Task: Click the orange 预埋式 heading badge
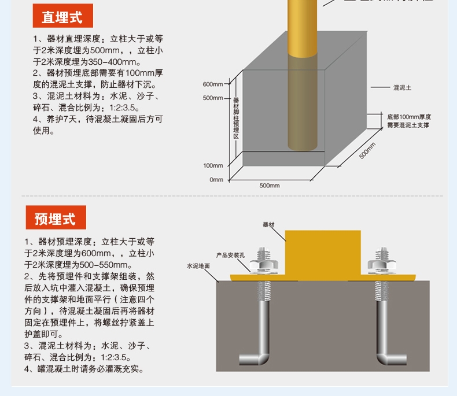click(x=55, y=219)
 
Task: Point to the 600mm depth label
click(x=213, y=84)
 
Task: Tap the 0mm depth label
click(x=216, y=180)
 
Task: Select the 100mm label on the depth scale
click(x=213, y=166)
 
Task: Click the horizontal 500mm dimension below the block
click(x=269, y=186)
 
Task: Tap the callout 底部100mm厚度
click(x=409, y=117)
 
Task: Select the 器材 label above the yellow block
click(x=268, y=224)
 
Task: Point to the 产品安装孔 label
click(x=231, y=254)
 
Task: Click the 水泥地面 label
click(x=198, y=266)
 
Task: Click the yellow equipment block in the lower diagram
click(x=322, y=251)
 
